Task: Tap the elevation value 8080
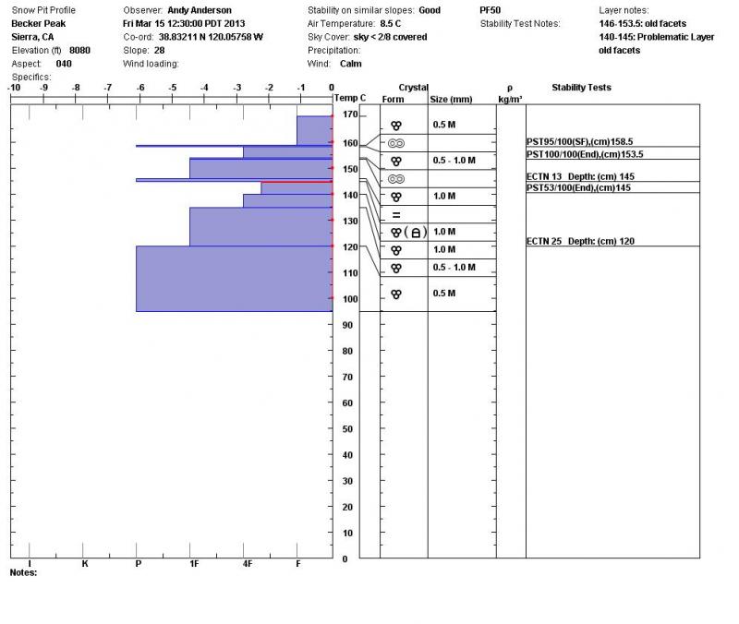click(x=81, y=50)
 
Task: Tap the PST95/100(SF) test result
click(x=578, y=142)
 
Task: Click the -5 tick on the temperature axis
click(x=173, y=88)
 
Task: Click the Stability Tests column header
click(x=581, y=88)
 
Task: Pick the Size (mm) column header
click(x=451, y=99)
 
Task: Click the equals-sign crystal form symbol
click(x=396, y=215)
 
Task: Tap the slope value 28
click(x=159, y=50)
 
